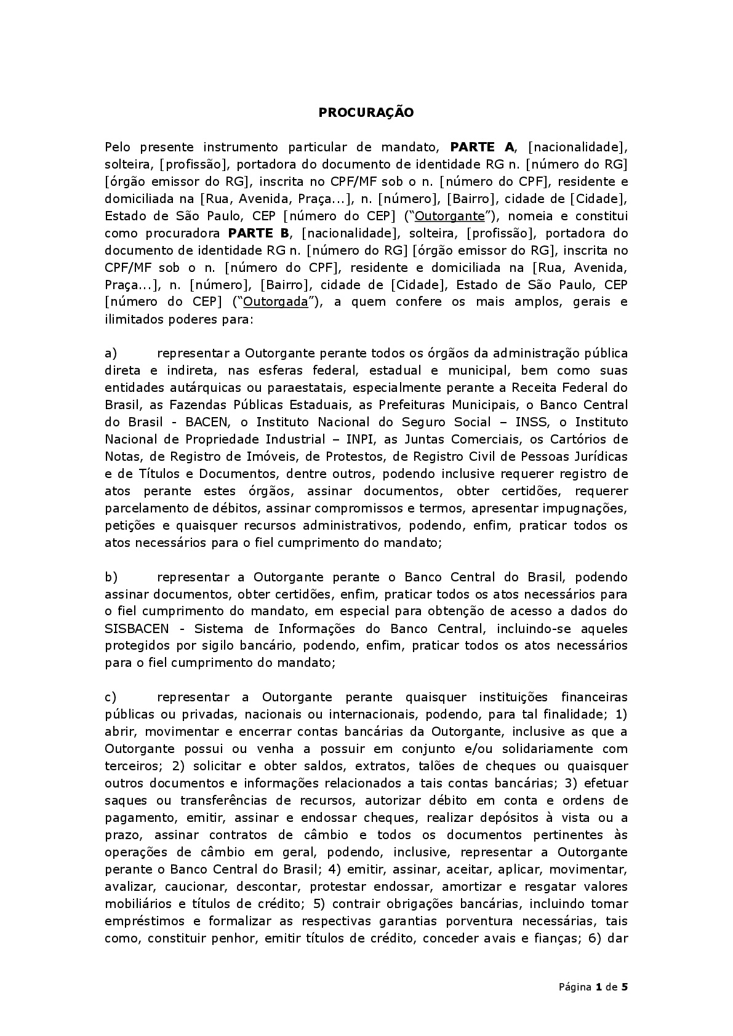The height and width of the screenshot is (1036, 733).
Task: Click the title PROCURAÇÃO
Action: pos(366,113)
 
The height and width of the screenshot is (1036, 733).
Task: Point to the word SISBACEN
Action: pos(140,629)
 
